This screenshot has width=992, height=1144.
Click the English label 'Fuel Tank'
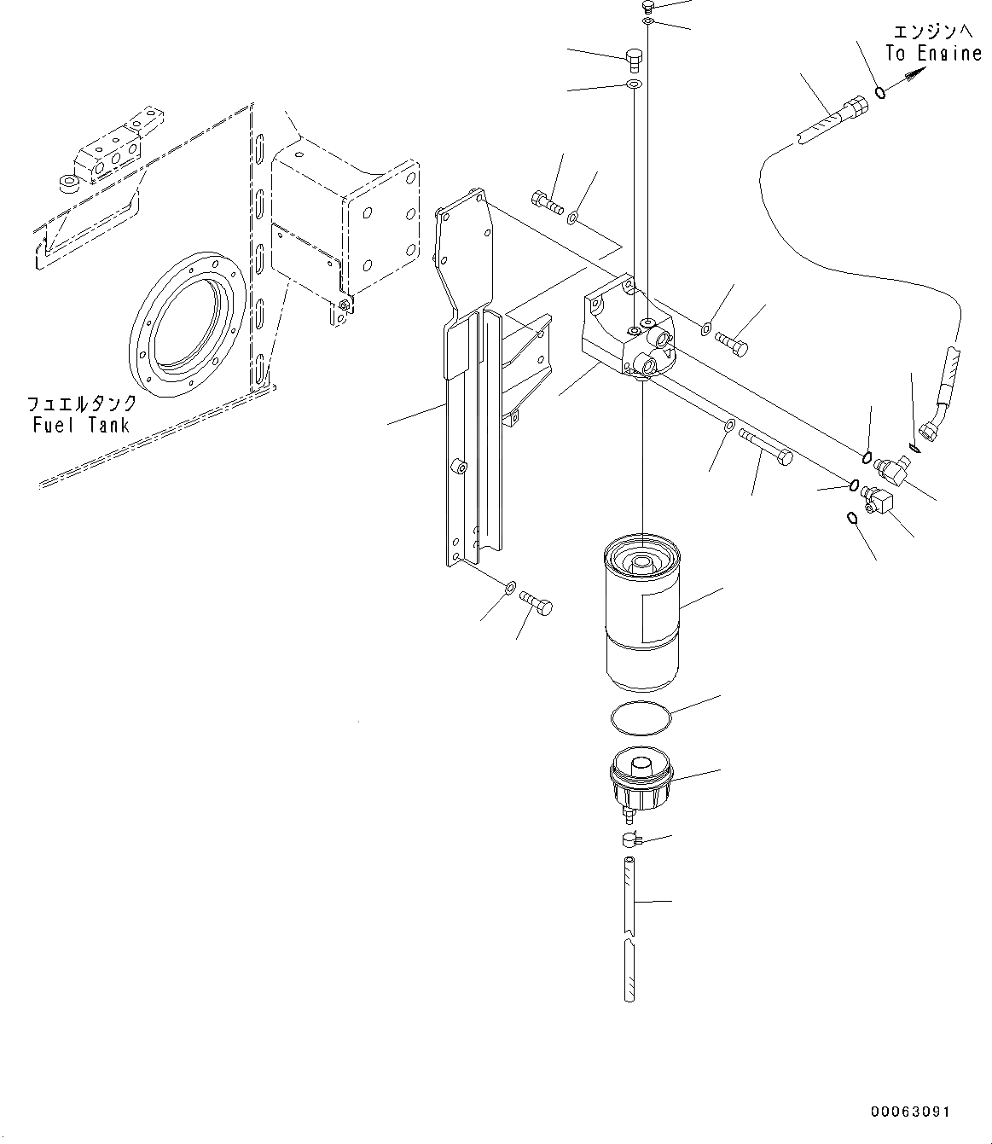(x=81, y=426)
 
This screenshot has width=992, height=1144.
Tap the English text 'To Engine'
(x=933, y=54)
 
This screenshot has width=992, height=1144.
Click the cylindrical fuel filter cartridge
(x=642, y=613)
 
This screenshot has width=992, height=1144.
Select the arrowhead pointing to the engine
(x=914, y=74)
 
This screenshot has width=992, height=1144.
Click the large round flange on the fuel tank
(x=187, y=324)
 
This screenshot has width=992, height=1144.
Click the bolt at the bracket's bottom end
(x=536, y=603)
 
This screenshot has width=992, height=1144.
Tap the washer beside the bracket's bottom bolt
(x=510, y=588)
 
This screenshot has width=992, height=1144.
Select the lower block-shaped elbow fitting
(x=878, y=499)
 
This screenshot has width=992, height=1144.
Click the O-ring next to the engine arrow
(x=880, y=92)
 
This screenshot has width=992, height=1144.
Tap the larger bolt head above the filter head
(x=633, y=61)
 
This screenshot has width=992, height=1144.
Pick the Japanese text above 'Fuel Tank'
(x=82, y=404)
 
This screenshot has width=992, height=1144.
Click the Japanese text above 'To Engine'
(x=933, y=32)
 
